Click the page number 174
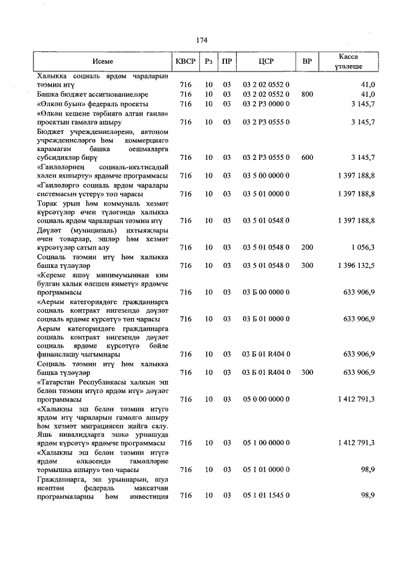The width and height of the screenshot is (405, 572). click(202, 40)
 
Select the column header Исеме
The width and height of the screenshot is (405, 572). click(102, 62)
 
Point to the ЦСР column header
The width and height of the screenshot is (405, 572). click(266, 62)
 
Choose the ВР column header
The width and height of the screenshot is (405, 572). click(307, 62)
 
